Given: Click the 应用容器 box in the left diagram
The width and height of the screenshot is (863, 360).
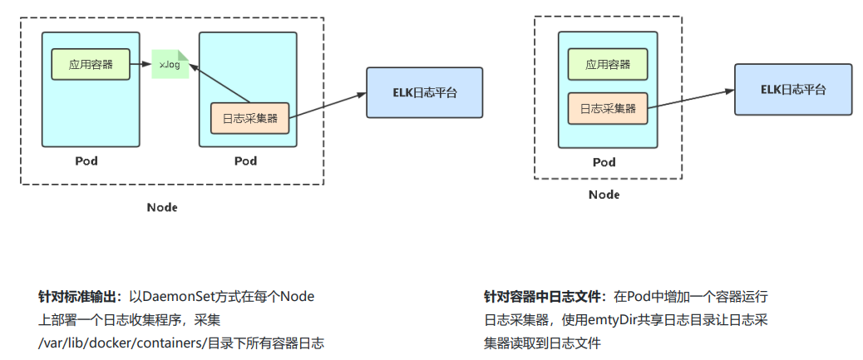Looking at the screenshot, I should (x=91, y=64).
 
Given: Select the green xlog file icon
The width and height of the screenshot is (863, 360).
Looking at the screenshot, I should (x=170, y=65).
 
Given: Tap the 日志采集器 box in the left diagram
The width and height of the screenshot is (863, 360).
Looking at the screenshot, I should (x=249, y=118).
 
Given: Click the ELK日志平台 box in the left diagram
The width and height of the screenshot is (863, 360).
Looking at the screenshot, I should (x=424, y=92).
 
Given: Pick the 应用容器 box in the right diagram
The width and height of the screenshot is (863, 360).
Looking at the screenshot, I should (x=608, y=64).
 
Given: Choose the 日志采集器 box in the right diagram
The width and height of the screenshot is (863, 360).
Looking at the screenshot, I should (x=608, y=108).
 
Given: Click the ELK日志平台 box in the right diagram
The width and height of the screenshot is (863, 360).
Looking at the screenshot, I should (x=792, y=90).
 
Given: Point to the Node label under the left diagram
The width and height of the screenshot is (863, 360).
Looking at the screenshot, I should (x=161, y=207).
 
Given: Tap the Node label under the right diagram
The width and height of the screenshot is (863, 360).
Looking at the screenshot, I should (x=604, y=195).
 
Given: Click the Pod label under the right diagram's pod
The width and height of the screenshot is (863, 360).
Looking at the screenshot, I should (x=604, y=161).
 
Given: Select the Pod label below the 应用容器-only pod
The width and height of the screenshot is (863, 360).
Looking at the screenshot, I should (x=86, y=160).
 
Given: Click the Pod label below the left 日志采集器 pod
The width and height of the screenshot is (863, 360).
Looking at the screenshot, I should (x=246, y=160).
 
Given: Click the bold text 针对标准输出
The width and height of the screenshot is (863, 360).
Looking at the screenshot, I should (x=80, y=297).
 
